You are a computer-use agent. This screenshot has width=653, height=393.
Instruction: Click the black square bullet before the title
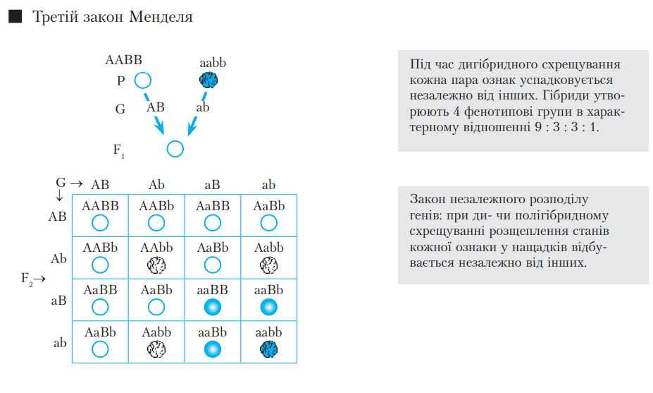[x=15, y=17]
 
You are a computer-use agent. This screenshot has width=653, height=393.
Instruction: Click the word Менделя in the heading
[x=161, y=17]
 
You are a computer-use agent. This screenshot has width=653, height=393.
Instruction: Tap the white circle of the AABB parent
[x=143, y=80]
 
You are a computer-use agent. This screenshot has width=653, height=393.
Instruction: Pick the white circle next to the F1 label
[x=175, y=149]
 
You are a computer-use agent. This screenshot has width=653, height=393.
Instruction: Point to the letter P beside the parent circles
[x=121, y=80]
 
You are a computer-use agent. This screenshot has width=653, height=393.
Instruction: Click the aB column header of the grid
[x=212, y=185]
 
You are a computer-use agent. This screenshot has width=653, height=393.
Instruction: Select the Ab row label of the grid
[x=58, y=259]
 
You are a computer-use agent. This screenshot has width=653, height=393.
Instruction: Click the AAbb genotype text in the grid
[x=156, y=248]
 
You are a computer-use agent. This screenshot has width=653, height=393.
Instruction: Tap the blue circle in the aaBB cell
[x=213, y=307]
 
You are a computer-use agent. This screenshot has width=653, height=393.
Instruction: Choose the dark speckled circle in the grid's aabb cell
[x=268, y=349]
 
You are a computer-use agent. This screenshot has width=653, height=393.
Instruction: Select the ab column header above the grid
[x=268, y=185]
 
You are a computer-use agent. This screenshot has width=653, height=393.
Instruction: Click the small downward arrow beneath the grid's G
[x=59, y=197]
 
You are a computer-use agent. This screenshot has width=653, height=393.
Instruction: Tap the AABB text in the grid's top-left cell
[x=100, y=206]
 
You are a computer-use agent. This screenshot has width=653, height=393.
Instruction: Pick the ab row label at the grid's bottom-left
[x=60, y=344]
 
